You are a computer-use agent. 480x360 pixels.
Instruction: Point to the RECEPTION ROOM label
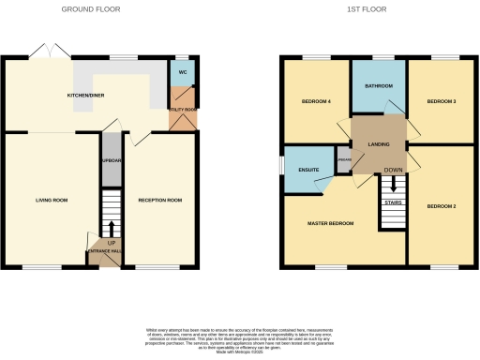[160, 200]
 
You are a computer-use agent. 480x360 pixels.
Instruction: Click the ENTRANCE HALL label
[104, 250]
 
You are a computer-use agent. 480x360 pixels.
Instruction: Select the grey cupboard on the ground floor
[111, 159]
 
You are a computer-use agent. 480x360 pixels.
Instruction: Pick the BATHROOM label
[378, 86]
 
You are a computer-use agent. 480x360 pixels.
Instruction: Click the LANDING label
[378, 143]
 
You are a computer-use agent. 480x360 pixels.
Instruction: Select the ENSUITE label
[307, 170]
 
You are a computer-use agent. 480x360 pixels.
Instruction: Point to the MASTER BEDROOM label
[332, 223]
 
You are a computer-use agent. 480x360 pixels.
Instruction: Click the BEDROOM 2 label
[441, 205]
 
